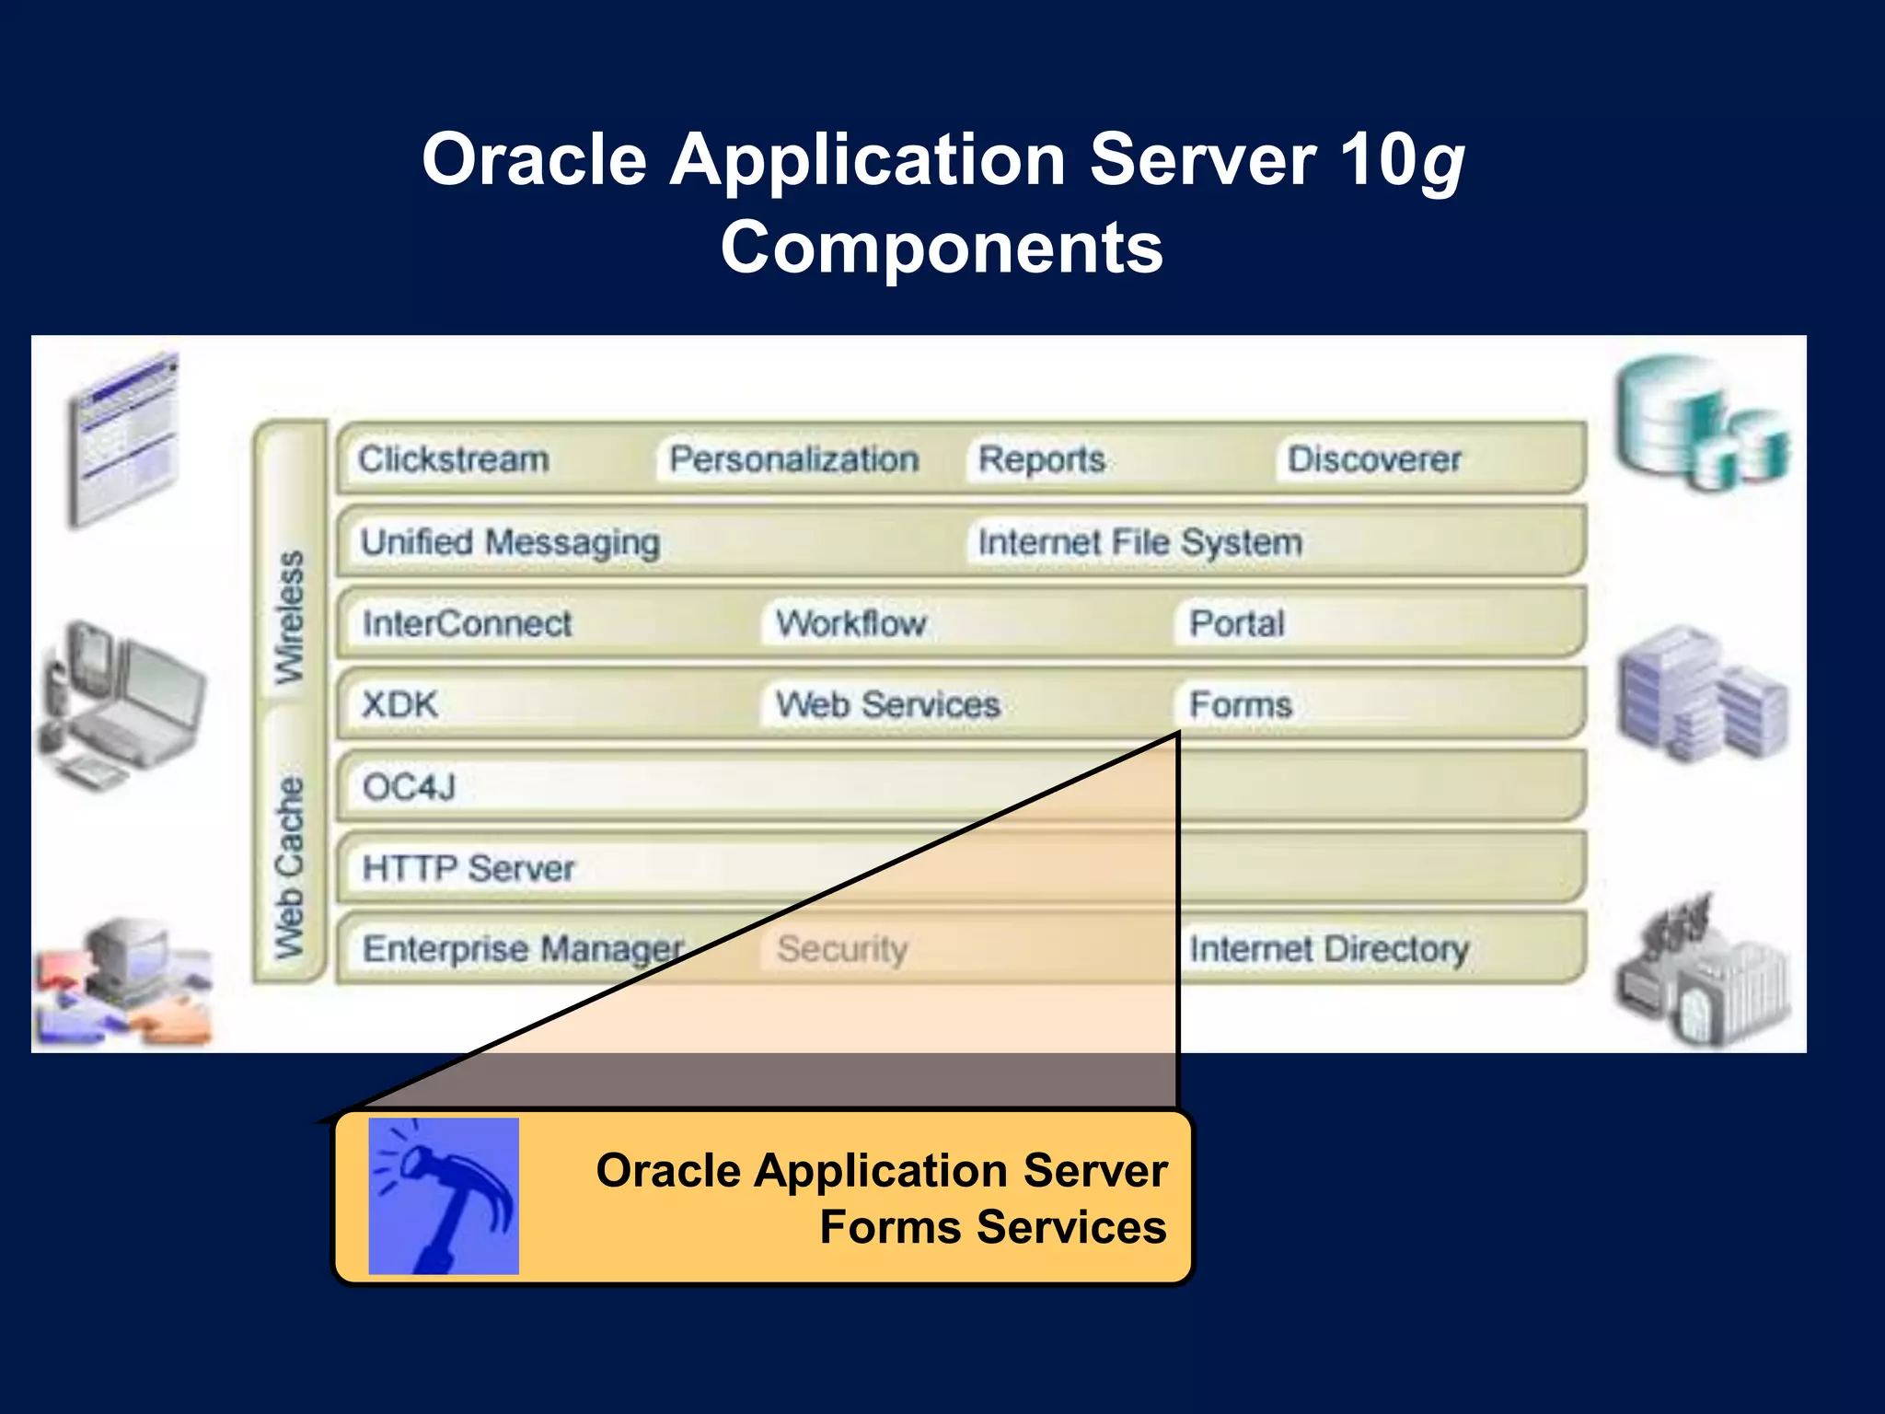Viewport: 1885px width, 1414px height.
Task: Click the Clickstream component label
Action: pyautogui.click(x=453, y=458)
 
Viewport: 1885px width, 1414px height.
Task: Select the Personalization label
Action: pyautogui.click(x=793, y=458)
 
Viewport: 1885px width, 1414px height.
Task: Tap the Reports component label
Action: pyautogui.click(x=1041, y=458)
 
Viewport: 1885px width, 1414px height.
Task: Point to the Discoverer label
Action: pyautogui.click(x=1373, y=458)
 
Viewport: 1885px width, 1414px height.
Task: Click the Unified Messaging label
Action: pyautogui.click(x=510, y=541)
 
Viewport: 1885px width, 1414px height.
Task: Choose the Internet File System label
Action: pyautogui.click(x=1139, y=541)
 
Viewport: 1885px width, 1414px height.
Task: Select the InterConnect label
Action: pyautogui.click(x=467, y=623)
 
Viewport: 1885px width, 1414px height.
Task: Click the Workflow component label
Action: pyautogui.click(x=850, y=623)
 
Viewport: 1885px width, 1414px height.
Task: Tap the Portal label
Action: pyautogui.click(x=1236, y=623)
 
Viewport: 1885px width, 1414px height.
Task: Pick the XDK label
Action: pyautogui.click(x=399, y=704)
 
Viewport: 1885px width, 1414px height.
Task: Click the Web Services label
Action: pyautogui.click(x=887, y=704)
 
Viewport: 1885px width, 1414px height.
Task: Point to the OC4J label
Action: pyautogui.click(x=409, y=786)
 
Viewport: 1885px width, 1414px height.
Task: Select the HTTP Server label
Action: pyautogui.click(x=468, y=867)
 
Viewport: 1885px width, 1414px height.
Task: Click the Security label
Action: pyautogui.click(x=841, y=948)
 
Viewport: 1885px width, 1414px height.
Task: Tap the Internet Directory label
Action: pyautogui.click(x=1328, y=948)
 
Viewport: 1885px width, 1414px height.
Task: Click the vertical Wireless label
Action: pyautogui.click(x=290, y=617)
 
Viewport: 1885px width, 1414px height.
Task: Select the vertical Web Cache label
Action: pyautogui.click(x=290, y=865)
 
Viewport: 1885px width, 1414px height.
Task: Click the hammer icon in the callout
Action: pyautogui.click(x=444, y=1196)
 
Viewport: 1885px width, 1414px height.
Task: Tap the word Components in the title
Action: pyautogui.click(x=942, y=247)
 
